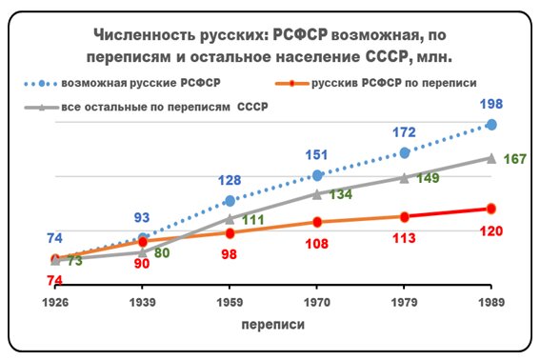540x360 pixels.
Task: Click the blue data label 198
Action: pos(491,104)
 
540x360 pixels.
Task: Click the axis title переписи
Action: pos(272,324)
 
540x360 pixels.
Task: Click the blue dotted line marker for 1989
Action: pos(491,125)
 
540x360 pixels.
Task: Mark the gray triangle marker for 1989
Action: pos(491,157)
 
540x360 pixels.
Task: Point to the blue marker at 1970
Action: pos(317,175)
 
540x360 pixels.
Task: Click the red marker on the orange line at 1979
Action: pos(404,216)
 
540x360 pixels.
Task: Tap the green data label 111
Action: pos(252,220)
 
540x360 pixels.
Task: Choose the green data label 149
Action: pos(427,178)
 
